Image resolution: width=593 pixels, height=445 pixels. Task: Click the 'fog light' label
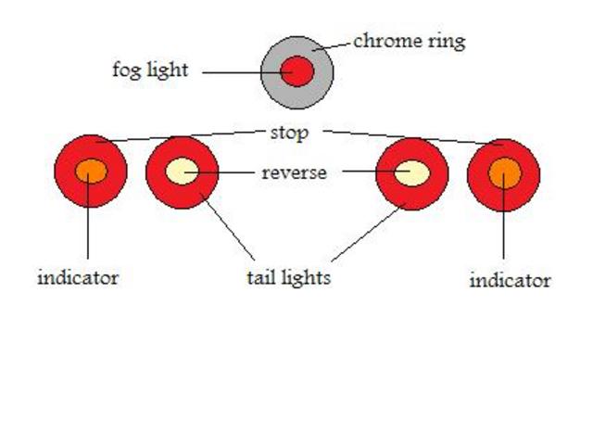click(x=149, y=70)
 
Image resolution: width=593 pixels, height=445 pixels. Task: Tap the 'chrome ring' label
click(x=409, y=41)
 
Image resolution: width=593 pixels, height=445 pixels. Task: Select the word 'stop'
click(x=288, y=132)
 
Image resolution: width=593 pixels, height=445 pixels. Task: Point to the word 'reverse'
click(x=294, y=172)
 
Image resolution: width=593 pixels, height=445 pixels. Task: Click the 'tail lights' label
click(x=288, y=277)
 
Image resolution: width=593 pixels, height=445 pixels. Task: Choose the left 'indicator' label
click(x=78, y=277)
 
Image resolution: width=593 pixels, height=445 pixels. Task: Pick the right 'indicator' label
click(x=510, y=280)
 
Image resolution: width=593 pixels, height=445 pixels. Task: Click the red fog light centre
click(x=297, y=70)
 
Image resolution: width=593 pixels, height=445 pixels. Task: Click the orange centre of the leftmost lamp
click(x=91, y=172)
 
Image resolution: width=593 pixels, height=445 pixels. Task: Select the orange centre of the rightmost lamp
click(x=505, y=172)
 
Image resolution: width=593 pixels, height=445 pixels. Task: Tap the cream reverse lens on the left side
click(x=182, y=172)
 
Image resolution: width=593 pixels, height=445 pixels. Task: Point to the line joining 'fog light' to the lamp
click(x=236, y=70)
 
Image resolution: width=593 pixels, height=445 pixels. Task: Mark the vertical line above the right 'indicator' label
click(x=504, y=232)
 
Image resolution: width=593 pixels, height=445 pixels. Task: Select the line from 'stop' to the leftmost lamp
click(x=185, y=136)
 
